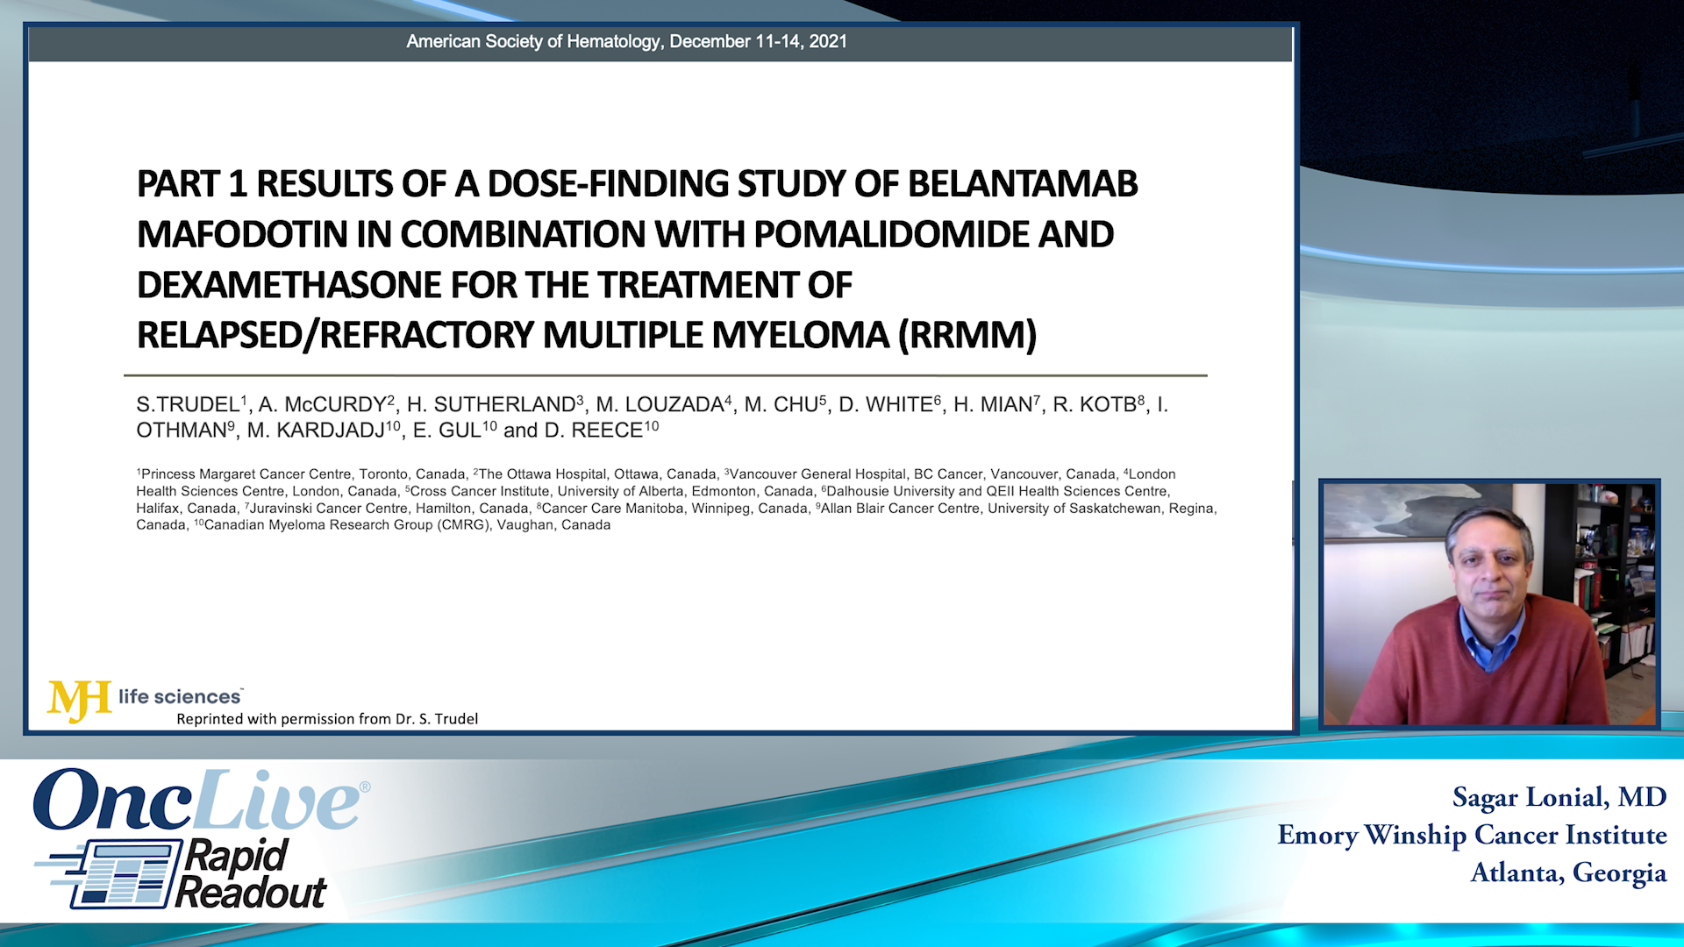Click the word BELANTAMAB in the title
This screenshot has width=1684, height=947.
point(1023,184)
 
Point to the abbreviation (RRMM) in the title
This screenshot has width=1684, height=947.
point(967,335)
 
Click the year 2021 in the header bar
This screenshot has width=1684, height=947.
point(828,41)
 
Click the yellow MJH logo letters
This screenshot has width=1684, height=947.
point(79,701)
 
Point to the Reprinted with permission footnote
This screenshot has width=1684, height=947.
point(327,719)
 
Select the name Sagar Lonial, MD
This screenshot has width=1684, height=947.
point(1559,797)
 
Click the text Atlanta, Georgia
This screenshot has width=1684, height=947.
point(1569,872)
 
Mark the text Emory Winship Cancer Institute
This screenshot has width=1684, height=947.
point(1473,835)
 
